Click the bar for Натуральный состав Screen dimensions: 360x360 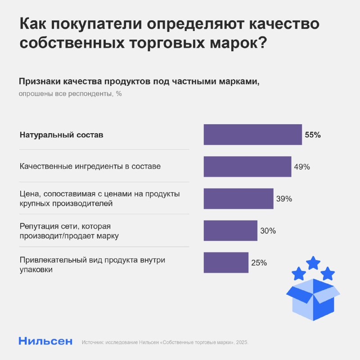coord(252,135)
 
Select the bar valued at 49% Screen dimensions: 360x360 coord(247,166)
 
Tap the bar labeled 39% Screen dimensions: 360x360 coord(238,198)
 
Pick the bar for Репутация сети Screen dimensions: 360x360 coord(230,230)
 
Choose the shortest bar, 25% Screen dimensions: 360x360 coord(226,262)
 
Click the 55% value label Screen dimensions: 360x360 coord(313,135)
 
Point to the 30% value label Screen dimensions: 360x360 coord(268,231)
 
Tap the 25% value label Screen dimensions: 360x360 coord(259,263)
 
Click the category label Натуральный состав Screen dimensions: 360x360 coord(62,135)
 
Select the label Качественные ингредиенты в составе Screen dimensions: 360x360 coord(90,166)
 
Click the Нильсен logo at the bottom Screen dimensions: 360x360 coord(45,341)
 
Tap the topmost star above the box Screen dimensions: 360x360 coord(313,262)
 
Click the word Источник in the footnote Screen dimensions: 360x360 coord(93,342)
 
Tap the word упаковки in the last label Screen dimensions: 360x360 coord(36,270)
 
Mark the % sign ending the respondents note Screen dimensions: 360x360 coord(119,94)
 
